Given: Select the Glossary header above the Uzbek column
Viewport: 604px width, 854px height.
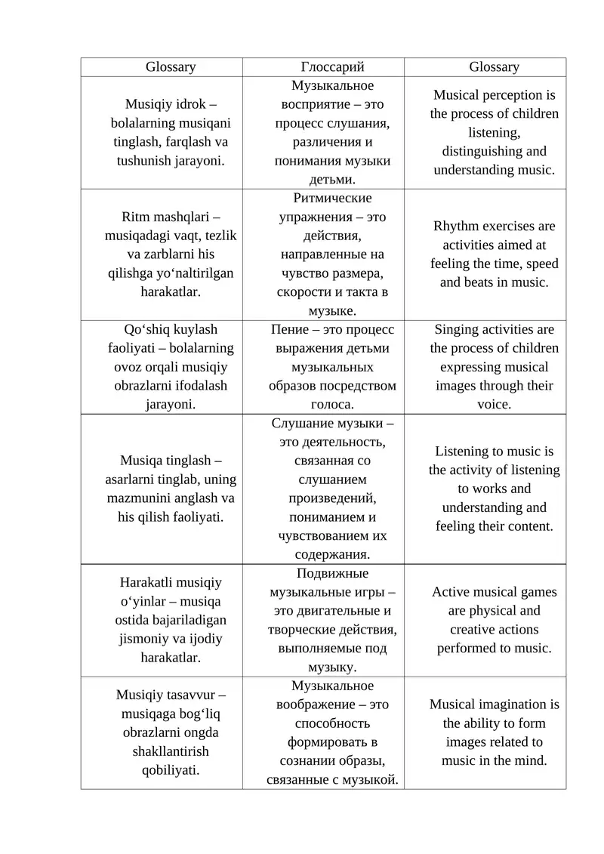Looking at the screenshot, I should pos(171,67).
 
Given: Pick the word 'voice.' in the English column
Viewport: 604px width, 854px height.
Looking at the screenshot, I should pos(495,404).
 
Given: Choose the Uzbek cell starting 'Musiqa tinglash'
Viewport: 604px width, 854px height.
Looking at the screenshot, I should pos(171,489).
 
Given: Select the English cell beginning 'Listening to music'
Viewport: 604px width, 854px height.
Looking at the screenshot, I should pos(495,489).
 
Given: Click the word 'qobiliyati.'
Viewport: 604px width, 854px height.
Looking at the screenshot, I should pos(171,770).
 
